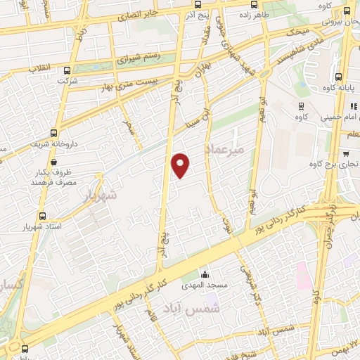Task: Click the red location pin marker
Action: (181, 165)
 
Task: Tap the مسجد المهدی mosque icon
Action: (204, 274)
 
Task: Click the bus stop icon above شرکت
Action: (67, 70)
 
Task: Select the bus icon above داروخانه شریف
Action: (55, 132)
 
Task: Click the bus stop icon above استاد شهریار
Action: (43, 216)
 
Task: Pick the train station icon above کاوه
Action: (301, 107)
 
